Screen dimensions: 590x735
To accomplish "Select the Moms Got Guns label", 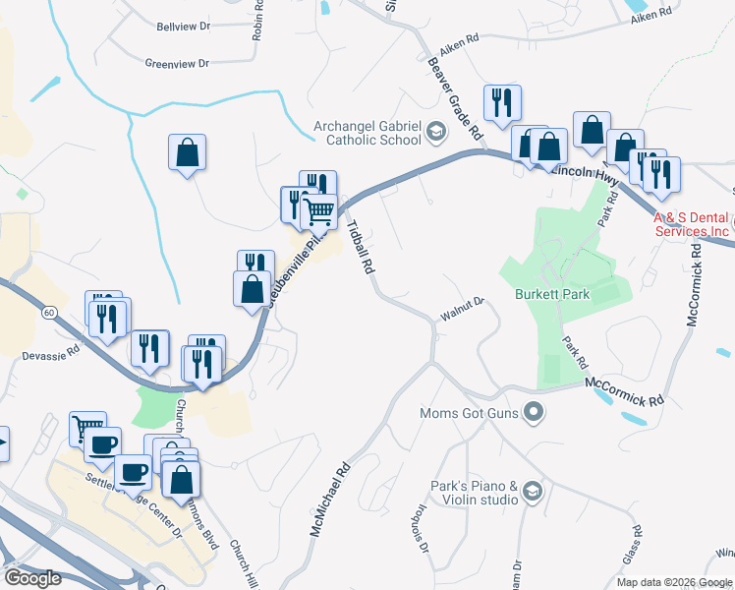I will click(x=469, y=412).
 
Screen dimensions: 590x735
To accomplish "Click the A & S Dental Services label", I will click(x=693, y=224).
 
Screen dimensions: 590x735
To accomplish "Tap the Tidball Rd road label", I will click(x=361, y=246).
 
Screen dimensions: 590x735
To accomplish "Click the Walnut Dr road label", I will click(x=463, y=309).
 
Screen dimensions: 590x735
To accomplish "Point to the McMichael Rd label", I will click(x=331, y=500).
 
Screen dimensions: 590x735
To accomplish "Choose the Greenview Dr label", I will click(x=177, y=63).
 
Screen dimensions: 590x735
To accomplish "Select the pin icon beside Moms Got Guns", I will click(x=534, y=412).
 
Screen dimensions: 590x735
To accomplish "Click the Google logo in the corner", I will click(x=32, y=577).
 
